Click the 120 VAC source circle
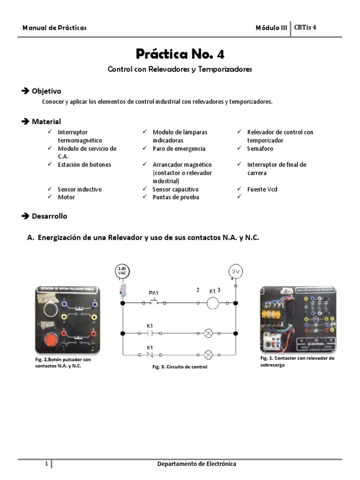(x=122, y=271)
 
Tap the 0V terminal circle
(x=235, y=271)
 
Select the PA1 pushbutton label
(x=154, y=293)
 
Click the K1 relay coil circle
(x=213, y=303)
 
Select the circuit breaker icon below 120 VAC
(x=122, y=291)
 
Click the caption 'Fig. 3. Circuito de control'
(x=180, y=367)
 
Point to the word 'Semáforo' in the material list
(x=260, y=149)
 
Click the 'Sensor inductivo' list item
(x=79, y=189)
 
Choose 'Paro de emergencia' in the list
(x=179, y=149)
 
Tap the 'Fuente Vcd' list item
(x=263, y=189)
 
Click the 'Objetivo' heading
(x=46, y=91)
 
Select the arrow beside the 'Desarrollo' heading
(x=25, y=216)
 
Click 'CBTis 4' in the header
(x=305, y=27)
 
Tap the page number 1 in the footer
(x=46, y=464)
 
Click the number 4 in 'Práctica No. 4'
(x=220, y=54)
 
